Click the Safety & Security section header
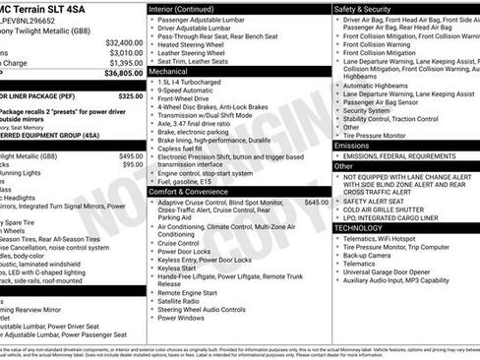pos(363,9)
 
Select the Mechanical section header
pos(168,72)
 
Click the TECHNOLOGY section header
pos(359,227)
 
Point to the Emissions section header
pos(352,145)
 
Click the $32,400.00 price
pos(124,42)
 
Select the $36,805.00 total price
pos(124,73)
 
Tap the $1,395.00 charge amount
pos(126,63)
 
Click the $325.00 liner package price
pos(131,96)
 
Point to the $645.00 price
pos(317,174)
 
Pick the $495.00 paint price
pos(131,156)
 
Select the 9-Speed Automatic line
pos(186,90)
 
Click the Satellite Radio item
pos(184,300)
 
